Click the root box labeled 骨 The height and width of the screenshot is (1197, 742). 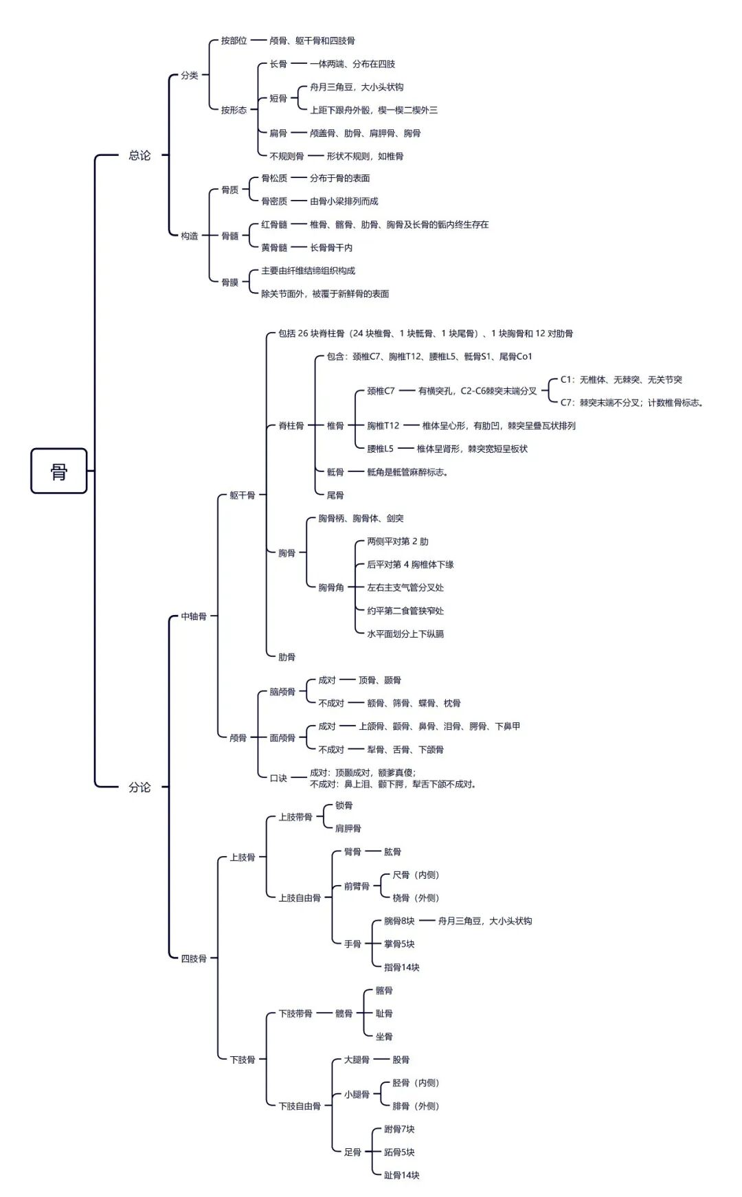click(x=59, y=471)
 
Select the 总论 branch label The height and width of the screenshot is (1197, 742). click(x=139, y=155)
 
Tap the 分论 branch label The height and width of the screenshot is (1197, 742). click(x=139, y=787)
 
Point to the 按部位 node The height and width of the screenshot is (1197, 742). click(x=234, y=41)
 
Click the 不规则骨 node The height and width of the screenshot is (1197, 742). click(x=286, y=156)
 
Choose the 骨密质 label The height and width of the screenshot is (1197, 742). click(x=274, y=201)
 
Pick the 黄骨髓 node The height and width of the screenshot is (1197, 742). click(x=274, y=247)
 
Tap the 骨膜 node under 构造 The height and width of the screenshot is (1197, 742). click(x=229, y=282)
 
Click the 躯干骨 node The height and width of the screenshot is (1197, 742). click(x=243, y=495)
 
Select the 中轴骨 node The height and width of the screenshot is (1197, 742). click(x=194, y=616)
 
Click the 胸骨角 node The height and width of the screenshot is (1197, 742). click(x=331, y=588)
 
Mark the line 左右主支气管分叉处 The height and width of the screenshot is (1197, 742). click(x=405, y=588)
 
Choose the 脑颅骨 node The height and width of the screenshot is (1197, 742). click(x=282, y=692)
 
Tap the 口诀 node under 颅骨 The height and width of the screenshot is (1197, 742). click(x=278, y=778)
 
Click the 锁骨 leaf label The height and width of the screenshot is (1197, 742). click(x=344, y=805)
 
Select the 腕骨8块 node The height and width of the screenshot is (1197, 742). click(x=399, y=921)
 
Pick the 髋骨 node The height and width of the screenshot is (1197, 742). click(x=344, y=1014)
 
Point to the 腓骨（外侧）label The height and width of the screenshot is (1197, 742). click(x=416, y=1106)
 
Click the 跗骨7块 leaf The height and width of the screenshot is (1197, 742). click(x=399, y=1129)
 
